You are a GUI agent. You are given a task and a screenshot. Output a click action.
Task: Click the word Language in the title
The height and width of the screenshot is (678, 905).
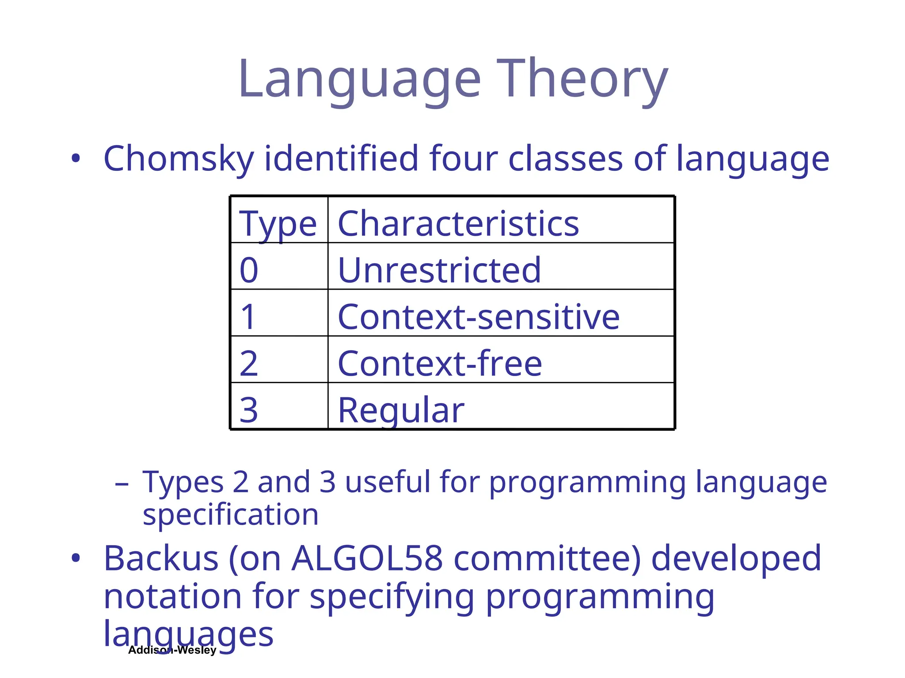pyautogui.click(x=359, y=79)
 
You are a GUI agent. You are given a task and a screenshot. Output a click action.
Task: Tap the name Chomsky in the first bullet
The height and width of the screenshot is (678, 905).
pyautogui.click(x=179, y=159)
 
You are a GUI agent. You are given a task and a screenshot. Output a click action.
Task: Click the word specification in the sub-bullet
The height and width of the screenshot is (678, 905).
pyautogui.click(x=231, y=515)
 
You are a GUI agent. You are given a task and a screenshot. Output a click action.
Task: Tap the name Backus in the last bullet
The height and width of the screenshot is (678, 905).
pyautogui.click(x=161, y=559)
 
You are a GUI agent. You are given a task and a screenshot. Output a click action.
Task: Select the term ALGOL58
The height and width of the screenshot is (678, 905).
pyautogui.click(x=367, y=559)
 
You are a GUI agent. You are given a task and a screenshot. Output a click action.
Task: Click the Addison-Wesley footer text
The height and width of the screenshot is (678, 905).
pyautogui.click(x=172, y=650)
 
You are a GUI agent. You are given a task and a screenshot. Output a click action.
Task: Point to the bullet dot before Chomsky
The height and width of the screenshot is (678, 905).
pyautogui.click(x=76, y=159)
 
